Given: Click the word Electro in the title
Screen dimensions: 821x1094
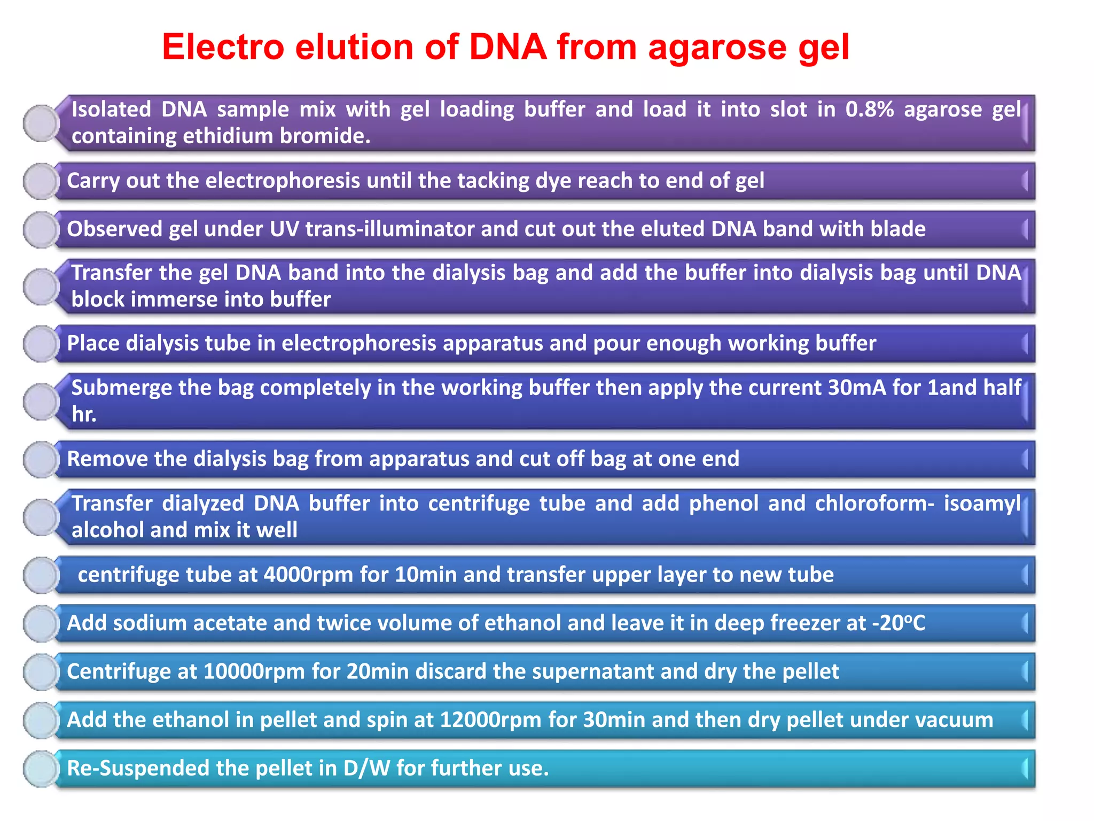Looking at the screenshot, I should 223,47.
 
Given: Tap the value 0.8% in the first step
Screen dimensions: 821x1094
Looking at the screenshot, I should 869,110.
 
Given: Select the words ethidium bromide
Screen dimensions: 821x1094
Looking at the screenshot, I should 276,136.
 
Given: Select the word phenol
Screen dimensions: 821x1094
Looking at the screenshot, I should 723,504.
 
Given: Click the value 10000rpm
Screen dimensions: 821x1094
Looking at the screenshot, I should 254,671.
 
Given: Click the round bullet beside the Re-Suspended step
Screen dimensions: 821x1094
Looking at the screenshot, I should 41,769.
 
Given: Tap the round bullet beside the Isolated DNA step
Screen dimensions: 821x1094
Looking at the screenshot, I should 41,123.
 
